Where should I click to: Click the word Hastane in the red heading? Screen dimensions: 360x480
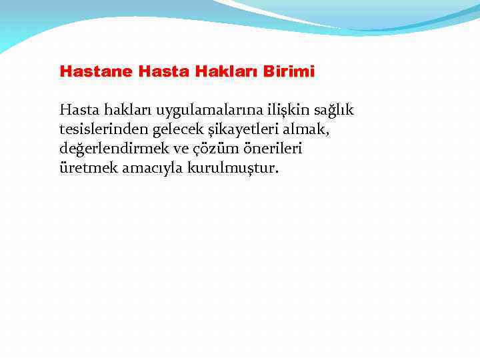pos(97,71)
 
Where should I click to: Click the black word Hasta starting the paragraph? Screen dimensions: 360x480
pos(78,109)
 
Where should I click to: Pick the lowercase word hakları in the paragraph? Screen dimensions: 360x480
pos(125,109)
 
